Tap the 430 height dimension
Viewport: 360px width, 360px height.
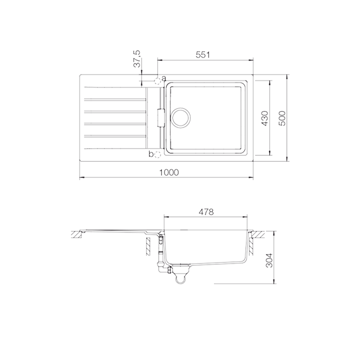[265, 118]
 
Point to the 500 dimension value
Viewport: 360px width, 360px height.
[282, 118]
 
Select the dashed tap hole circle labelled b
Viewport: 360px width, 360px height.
[157, 154]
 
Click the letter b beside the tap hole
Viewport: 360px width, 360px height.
[151, 154]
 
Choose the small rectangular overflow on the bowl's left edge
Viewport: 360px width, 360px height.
[160, 118]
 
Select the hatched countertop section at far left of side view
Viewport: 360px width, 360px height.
[78, 234]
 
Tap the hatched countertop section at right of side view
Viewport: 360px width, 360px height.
[258, 234]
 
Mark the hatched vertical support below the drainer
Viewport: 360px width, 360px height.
[148, 244]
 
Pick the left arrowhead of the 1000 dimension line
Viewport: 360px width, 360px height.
[81, 177]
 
